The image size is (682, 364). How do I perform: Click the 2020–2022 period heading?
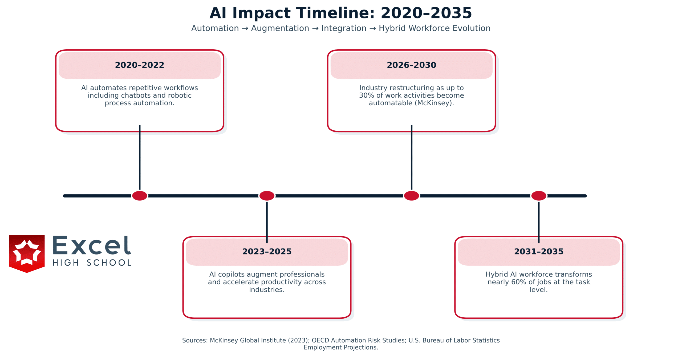pyautogui.click(x=140, y=65)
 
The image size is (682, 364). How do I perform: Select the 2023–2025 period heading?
pyautogui.click(x=267, y=251)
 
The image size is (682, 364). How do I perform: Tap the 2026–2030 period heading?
pyautogui.click(x=411, y=65)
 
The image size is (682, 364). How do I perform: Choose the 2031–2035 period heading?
pyautogui.click(x=539, y=251)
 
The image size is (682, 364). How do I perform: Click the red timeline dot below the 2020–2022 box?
pyautogui.click(x=140, y=196)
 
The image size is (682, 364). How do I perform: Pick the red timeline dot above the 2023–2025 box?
pyautogui.click(x=267, y=196)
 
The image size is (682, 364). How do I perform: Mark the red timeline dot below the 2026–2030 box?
pyautogui.click(x=411, y=196)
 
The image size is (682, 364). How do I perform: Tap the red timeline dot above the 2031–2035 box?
pyautogui.click(x=539, y=196)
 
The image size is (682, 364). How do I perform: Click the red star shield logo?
pyautogui.click(x=27, y=254)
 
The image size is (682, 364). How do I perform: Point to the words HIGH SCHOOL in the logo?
pyautogui.click(x=92, y=263)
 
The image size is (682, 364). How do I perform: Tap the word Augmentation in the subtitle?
pyautogui.click(x=280, y=28)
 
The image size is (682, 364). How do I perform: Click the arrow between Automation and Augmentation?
pyautogui.click(x=245, y=29)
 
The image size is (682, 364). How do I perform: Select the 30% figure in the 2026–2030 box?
pyautogui.click(x=367, y=95)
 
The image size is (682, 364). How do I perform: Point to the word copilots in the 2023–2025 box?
pyautogui.click(x=231, y=274)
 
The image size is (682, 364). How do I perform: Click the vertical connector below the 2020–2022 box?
pyautogui.click(x=140, y=157)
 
